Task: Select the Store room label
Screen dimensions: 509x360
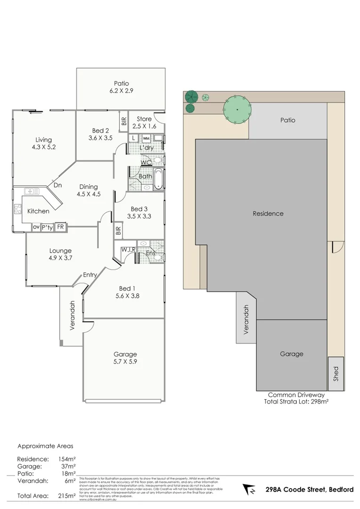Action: click(144, 119)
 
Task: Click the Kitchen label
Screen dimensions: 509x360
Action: click(38, 211)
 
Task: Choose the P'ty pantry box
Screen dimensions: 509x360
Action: click(47, 227)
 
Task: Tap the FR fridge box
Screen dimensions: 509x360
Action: click(60, 227)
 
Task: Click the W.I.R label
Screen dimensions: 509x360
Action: click(128, 249)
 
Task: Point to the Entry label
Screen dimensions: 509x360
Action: click(90, 275)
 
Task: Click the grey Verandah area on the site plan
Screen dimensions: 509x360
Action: click(245, 319)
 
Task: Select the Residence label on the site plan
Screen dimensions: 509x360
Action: click(268, 213)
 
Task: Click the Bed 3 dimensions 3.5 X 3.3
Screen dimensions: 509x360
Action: click(139, 217)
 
